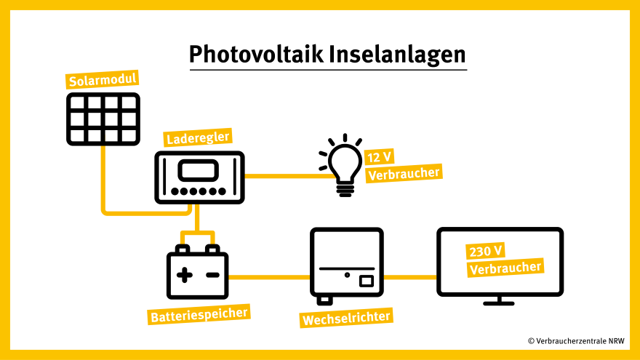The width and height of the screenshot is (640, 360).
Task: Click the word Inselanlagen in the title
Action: click(397, 55)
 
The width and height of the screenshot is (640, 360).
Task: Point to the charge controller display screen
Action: click(199, 172)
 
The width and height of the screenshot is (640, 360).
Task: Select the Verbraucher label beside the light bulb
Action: click(404, 173)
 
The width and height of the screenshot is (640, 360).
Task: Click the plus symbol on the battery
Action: click(185, 274)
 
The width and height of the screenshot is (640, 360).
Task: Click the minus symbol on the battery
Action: click(212, 275)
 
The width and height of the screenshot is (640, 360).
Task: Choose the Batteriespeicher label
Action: click(199, 314)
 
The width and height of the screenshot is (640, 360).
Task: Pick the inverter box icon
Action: click(346, 265)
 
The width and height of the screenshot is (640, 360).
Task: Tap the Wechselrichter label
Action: click(346, 318)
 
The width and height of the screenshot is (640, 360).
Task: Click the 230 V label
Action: click(487, 251)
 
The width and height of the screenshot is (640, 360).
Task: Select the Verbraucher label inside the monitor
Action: click(505, 268)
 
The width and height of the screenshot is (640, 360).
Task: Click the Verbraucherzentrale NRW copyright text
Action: click(576, 340)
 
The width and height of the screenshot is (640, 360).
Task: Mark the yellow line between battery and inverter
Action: click(269, 277)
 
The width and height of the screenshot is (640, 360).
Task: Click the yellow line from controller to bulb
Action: click(284, 176)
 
